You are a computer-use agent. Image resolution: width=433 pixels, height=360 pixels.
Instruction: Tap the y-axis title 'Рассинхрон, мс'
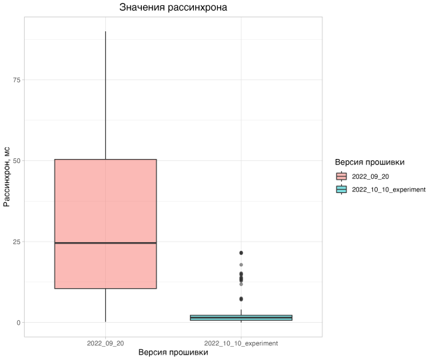(7, 176)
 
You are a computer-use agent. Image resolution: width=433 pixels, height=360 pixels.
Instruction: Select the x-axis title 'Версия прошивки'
(173, 353)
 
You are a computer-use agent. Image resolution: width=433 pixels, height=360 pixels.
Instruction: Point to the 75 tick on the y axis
(17, 80)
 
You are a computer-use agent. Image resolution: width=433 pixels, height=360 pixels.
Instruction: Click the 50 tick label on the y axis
(17, 160)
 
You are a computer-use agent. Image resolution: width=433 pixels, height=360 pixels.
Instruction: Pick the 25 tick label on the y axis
(17, 242)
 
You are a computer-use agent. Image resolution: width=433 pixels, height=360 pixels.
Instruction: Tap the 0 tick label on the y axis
(19, 323)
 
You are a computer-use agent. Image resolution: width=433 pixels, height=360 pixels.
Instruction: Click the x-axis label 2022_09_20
(105, 343)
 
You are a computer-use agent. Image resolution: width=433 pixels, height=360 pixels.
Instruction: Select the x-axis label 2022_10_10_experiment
(241, 343)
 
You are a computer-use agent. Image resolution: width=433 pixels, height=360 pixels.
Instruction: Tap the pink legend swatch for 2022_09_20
(342, 176)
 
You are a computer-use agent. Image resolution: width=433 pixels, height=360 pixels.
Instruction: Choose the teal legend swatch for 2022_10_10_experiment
(342, 189)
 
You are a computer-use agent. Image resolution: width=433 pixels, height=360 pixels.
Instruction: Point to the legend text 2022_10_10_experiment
(388, 189)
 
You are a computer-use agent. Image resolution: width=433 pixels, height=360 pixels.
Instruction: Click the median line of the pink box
(105, 243)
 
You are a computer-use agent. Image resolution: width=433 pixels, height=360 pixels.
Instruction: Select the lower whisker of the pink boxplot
(105, 305)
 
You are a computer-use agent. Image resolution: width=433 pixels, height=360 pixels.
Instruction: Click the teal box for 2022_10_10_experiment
(241, 317)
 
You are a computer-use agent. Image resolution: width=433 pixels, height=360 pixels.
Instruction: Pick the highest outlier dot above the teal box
(241, 253)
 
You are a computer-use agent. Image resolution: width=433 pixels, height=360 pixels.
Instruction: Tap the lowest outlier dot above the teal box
(241, 299)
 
